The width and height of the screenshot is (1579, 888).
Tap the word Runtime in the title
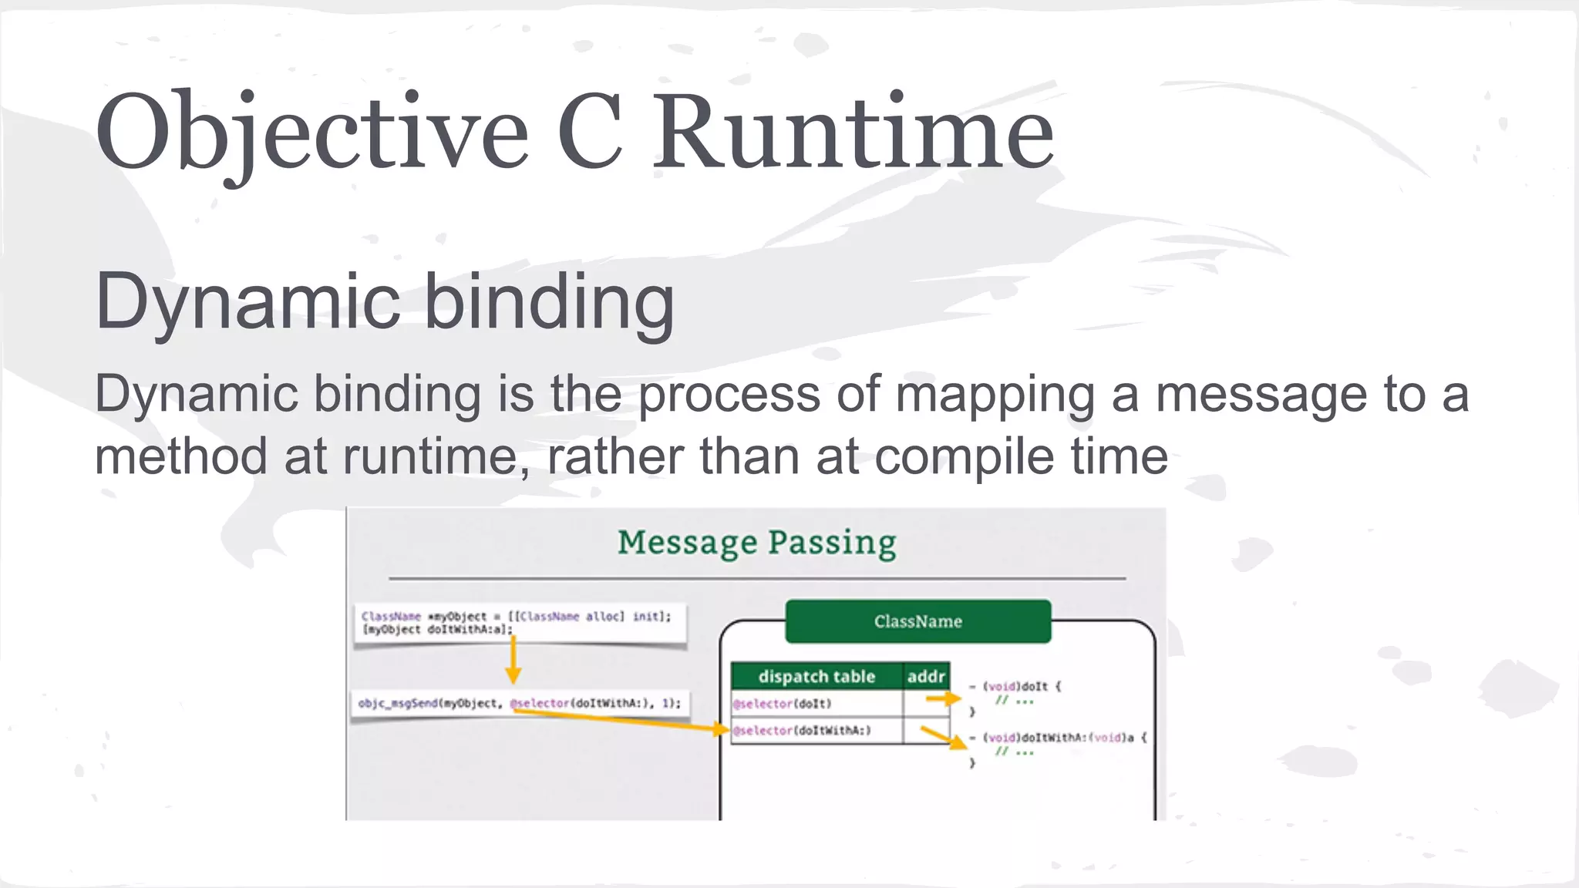(853, 133)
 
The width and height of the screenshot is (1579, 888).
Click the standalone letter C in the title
(590, 133)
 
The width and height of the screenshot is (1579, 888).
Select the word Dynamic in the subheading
(247, 302)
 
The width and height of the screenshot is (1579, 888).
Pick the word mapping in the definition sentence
(995, 395)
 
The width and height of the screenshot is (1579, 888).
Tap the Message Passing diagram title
(756, 543)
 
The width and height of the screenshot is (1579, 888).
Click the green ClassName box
(917, 621)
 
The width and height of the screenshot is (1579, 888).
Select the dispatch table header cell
(816, 677)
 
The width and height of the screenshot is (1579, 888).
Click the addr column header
(926, 677)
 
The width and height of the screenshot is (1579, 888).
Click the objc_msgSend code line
(519, 703)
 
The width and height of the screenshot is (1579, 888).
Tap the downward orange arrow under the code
(513, 659)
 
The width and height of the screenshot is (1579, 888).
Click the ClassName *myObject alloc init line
(516, 616)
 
